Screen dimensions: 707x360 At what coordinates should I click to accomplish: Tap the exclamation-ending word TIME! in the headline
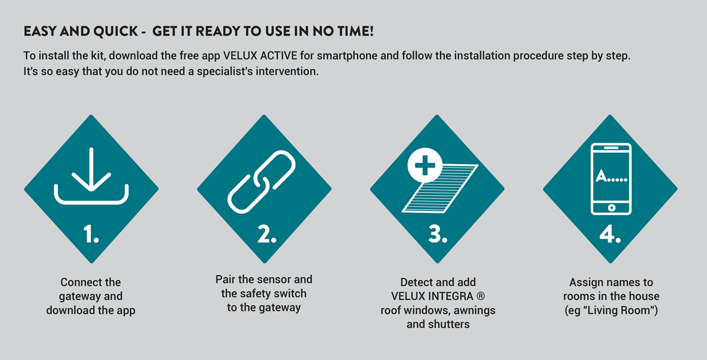pos(355,31)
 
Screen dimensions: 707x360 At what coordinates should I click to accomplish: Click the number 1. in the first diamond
pos(91,234)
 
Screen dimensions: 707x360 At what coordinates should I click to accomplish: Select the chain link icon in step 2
pos(262,182)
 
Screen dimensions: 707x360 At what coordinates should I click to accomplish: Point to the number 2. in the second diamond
pos(267,234)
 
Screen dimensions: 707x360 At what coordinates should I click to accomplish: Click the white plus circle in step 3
pos(425,165)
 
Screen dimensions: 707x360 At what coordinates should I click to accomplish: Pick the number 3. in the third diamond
pos(438,234)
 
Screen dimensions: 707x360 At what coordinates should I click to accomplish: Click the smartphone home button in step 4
pos(612,208)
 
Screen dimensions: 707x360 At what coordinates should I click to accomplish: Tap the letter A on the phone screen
pos(602,176)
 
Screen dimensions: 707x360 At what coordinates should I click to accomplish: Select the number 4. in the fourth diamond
pos(610,234)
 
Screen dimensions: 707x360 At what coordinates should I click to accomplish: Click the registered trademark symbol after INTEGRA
pos(480,296)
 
